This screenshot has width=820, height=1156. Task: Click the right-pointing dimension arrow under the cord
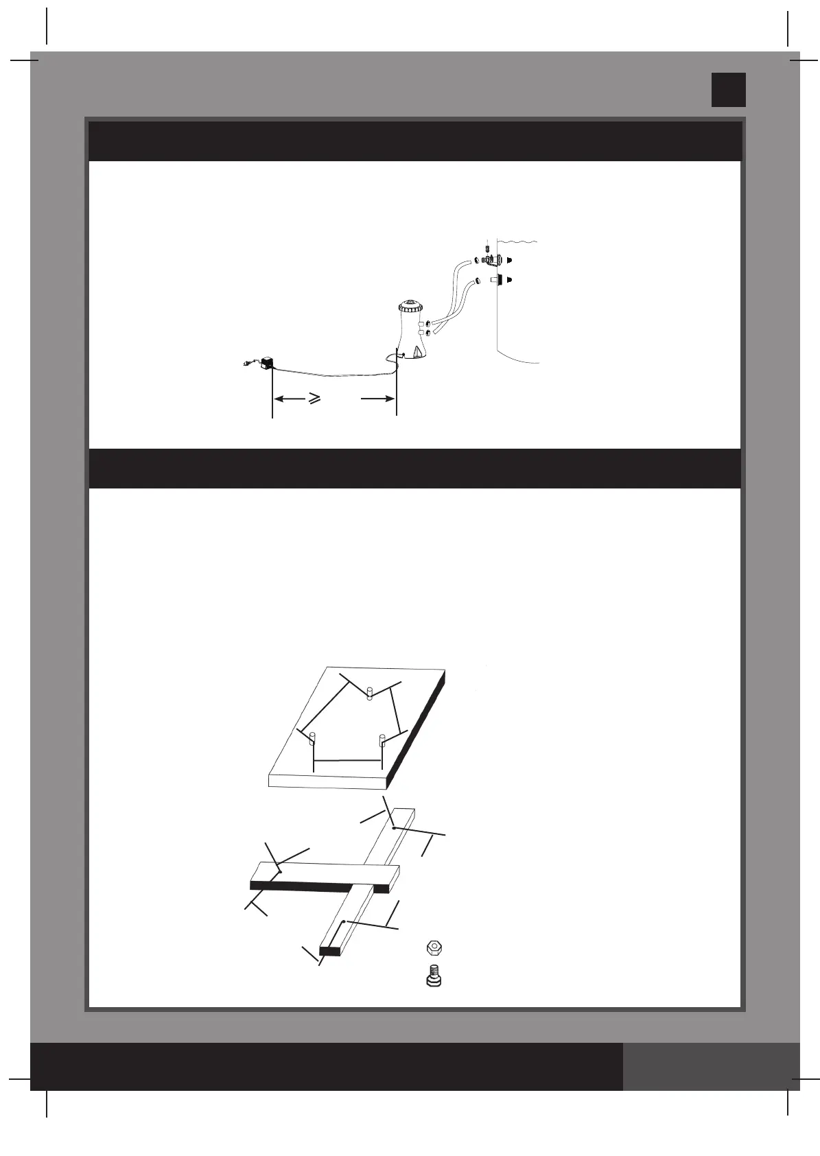[x=379, y=397]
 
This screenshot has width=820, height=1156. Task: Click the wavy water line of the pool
[x=518, y=241]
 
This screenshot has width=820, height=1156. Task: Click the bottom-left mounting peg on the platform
[x=313, y=739]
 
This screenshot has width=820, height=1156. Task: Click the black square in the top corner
[x=728, y=90]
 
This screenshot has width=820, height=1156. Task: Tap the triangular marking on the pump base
[x=417, y=349]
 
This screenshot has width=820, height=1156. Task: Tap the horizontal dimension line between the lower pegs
[x=347, y=760]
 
